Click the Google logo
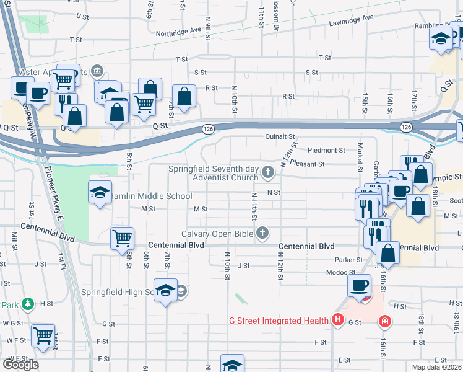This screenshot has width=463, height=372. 20,365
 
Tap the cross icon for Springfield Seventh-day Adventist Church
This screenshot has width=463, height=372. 268,172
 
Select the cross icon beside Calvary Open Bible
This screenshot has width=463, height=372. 263,233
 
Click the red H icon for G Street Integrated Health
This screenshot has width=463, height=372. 337,321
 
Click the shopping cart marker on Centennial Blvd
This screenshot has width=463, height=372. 122,237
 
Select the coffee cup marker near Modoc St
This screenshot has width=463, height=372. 359,285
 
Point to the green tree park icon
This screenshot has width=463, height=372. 27,304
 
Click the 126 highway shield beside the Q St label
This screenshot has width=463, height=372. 208,128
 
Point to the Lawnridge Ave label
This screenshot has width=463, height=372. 352,19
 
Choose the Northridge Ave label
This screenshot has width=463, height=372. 179,30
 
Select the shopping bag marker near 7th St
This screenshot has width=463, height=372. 184,95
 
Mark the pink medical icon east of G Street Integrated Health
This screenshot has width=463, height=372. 385,321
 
